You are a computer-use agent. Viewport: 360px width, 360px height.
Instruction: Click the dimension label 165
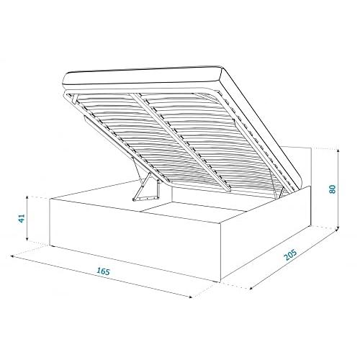click(103, 271)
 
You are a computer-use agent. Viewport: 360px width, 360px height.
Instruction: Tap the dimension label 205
click(290, 255)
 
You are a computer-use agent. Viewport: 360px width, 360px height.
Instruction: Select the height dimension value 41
click(22, 218)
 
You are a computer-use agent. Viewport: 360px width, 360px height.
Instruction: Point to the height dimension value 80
click(333, 189)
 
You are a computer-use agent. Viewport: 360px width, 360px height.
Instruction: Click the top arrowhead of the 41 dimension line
click(27, 198)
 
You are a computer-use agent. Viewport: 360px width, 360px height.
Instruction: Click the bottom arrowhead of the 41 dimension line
click(27, 238)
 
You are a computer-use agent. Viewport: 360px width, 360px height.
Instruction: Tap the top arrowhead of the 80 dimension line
click(338, 151)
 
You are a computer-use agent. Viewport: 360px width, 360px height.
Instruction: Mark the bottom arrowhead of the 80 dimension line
click(338, 229)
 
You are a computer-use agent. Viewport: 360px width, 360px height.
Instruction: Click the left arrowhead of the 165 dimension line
click(12, 256)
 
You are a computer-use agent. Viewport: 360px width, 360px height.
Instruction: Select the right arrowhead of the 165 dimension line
click(190, 297)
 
